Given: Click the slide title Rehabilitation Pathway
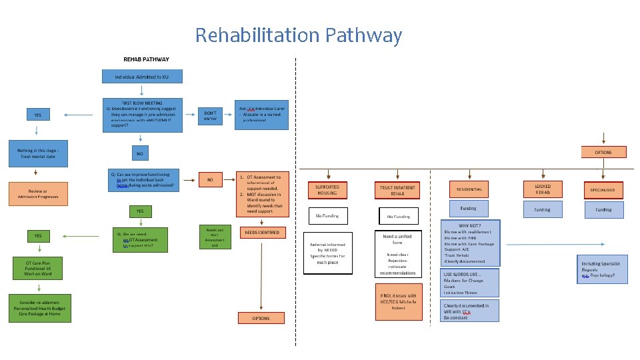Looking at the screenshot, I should (x=298, y=35).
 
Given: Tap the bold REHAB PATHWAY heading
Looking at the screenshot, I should (x=146, y=59).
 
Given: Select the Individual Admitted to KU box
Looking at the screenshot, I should (x=142, y=77).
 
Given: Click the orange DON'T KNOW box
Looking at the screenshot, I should (x=210, y=116).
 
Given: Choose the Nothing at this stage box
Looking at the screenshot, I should (x=38, y=153).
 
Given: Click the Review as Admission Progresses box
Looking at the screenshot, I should (x=38, y=194).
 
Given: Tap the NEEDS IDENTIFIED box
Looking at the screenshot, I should (x=261, y=233).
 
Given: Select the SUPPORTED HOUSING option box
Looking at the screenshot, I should (x=327, y=190).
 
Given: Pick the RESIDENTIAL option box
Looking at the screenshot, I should (x=469, y=189).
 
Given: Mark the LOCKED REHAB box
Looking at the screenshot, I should (x=543, y=189).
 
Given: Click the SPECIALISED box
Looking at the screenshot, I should (x=603, y=190).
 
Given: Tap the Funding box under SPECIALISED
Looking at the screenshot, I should (x=603, y=209).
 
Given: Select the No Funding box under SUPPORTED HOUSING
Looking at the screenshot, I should (x=327, y=216).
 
